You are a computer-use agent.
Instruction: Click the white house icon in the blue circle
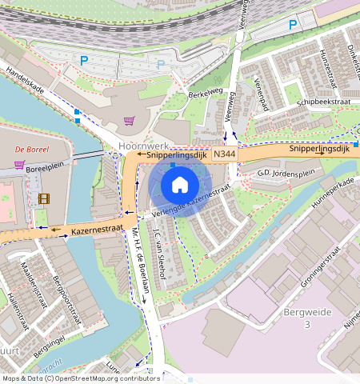click(180, 185)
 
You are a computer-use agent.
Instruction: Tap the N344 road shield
click(225, 153)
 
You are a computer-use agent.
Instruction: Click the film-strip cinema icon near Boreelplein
click(43, 198)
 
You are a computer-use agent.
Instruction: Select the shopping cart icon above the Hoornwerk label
click(130, 121)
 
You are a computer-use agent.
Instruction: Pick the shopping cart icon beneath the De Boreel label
click(19, 165)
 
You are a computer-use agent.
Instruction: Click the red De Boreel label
click(31, 149)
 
